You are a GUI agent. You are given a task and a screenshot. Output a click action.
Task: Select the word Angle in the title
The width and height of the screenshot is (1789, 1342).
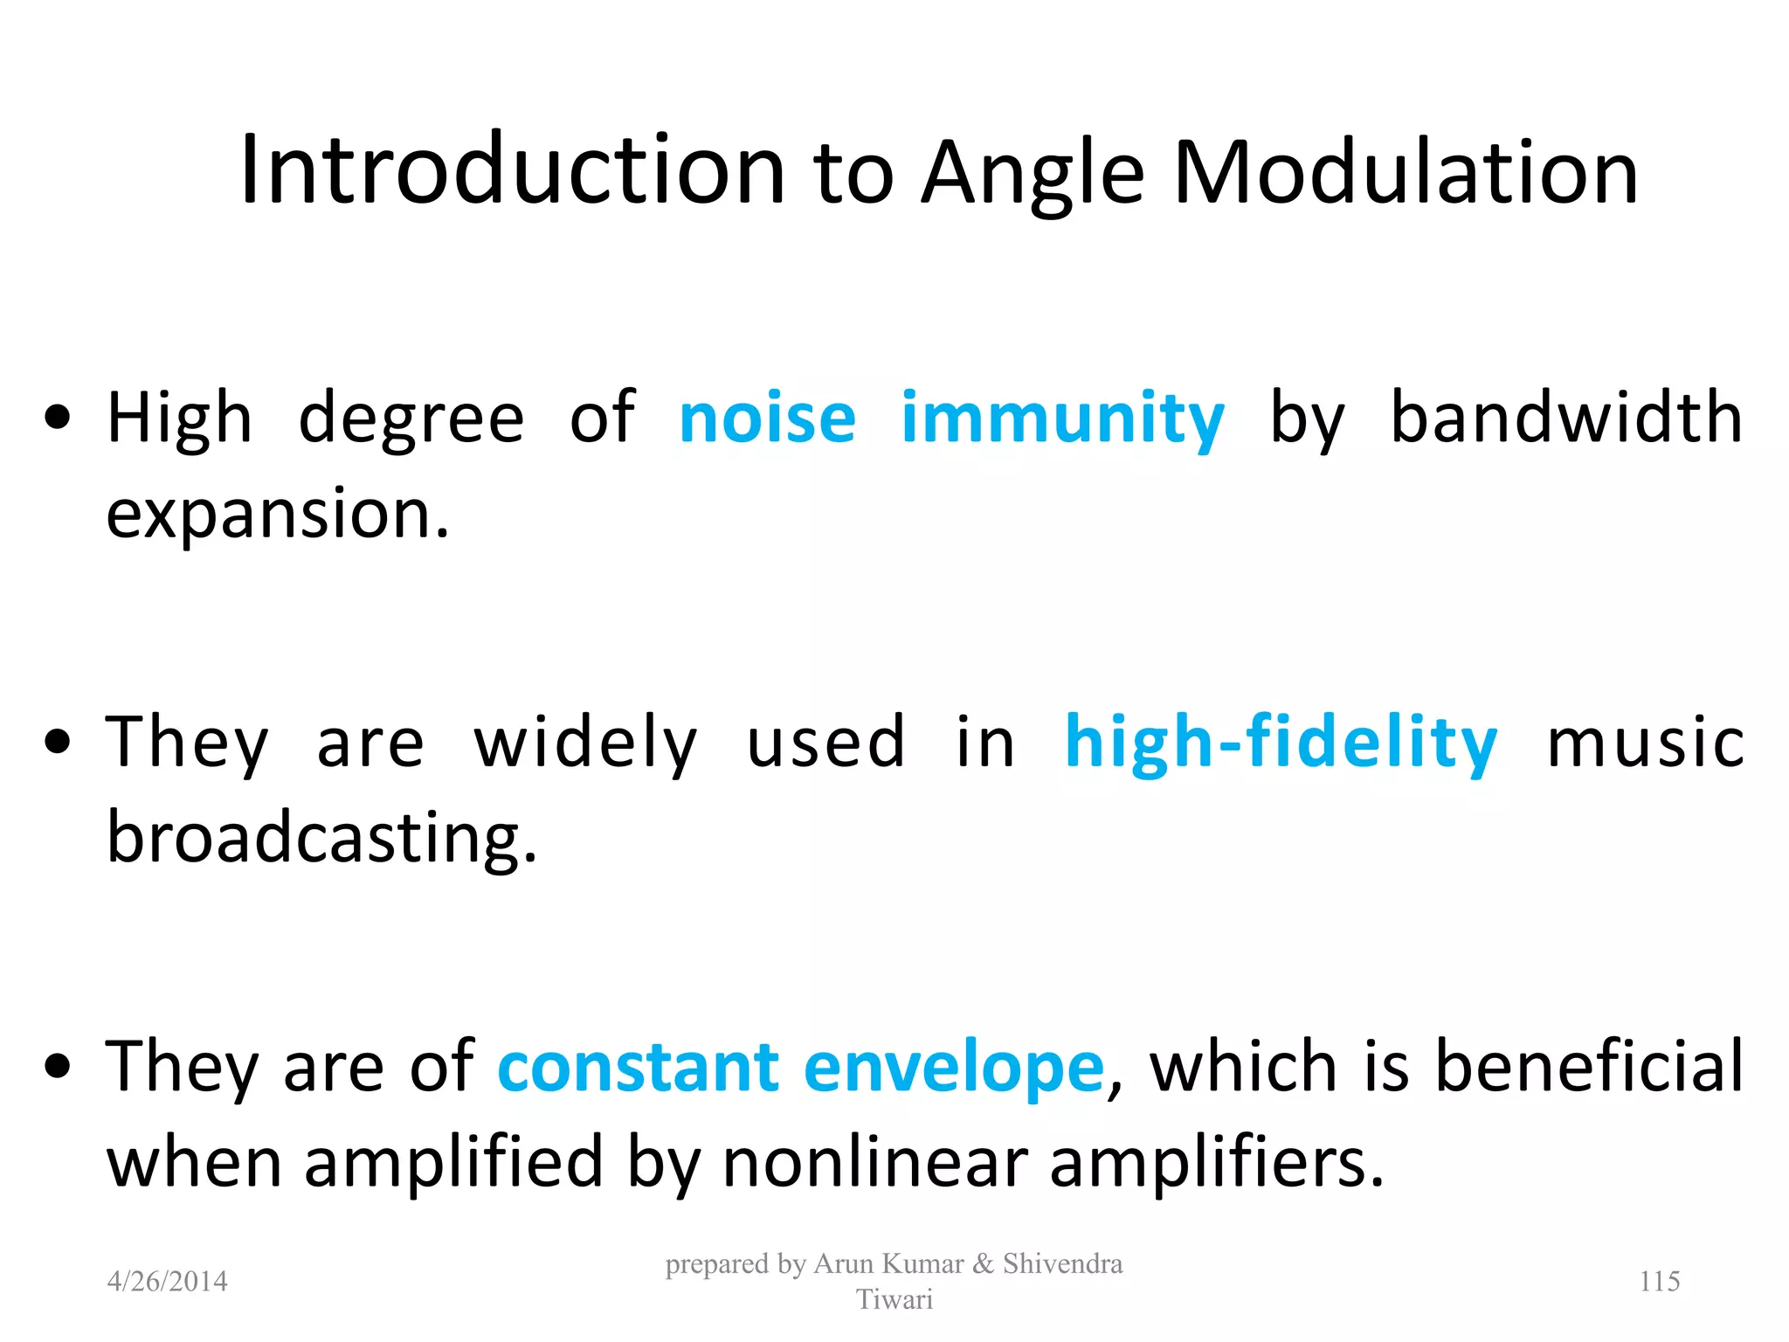click(1033, 175)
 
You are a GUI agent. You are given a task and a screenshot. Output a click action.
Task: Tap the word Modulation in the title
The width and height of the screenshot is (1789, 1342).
click(1406, 172)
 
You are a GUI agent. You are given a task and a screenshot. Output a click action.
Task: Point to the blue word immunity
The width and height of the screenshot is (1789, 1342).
click(1062, 421)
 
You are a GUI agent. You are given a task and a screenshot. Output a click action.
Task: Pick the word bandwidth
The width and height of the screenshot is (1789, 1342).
click(1566, 418)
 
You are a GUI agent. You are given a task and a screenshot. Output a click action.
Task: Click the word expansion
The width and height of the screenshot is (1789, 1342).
click(277, 515)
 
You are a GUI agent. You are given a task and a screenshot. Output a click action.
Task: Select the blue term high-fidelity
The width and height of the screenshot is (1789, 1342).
click(1281, 743)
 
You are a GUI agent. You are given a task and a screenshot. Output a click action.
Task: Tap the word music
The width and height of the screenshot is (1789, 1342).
click(1646, 743)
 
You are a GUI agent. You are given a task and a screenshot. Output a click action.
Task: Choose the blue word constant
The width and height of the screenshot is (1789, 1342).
click(639, 1068)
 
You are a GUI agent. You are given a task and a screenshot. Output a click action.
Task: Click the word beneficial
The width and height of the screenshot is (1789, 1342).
click(1589, 1067)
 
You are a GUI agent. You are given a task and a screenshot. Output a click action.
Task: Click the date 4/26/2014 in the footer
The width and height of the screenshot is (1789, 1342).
click(167, 1282)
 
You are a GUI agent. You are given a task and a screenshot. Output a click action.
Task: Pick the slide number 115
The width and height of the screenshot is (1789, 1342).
click(1660, 1282)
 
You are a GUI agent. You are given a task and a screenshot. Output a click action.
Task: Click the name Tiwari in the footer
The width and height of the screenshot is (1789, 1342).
click(894, 1300)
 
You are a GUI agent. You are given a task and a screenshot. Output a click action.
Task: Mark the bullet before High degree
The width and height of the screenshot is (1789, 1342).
click(58, 419)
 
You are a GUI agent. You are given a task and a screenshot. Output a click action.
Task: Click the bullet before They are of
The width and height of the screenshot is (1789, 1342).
click(58, 1068)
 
